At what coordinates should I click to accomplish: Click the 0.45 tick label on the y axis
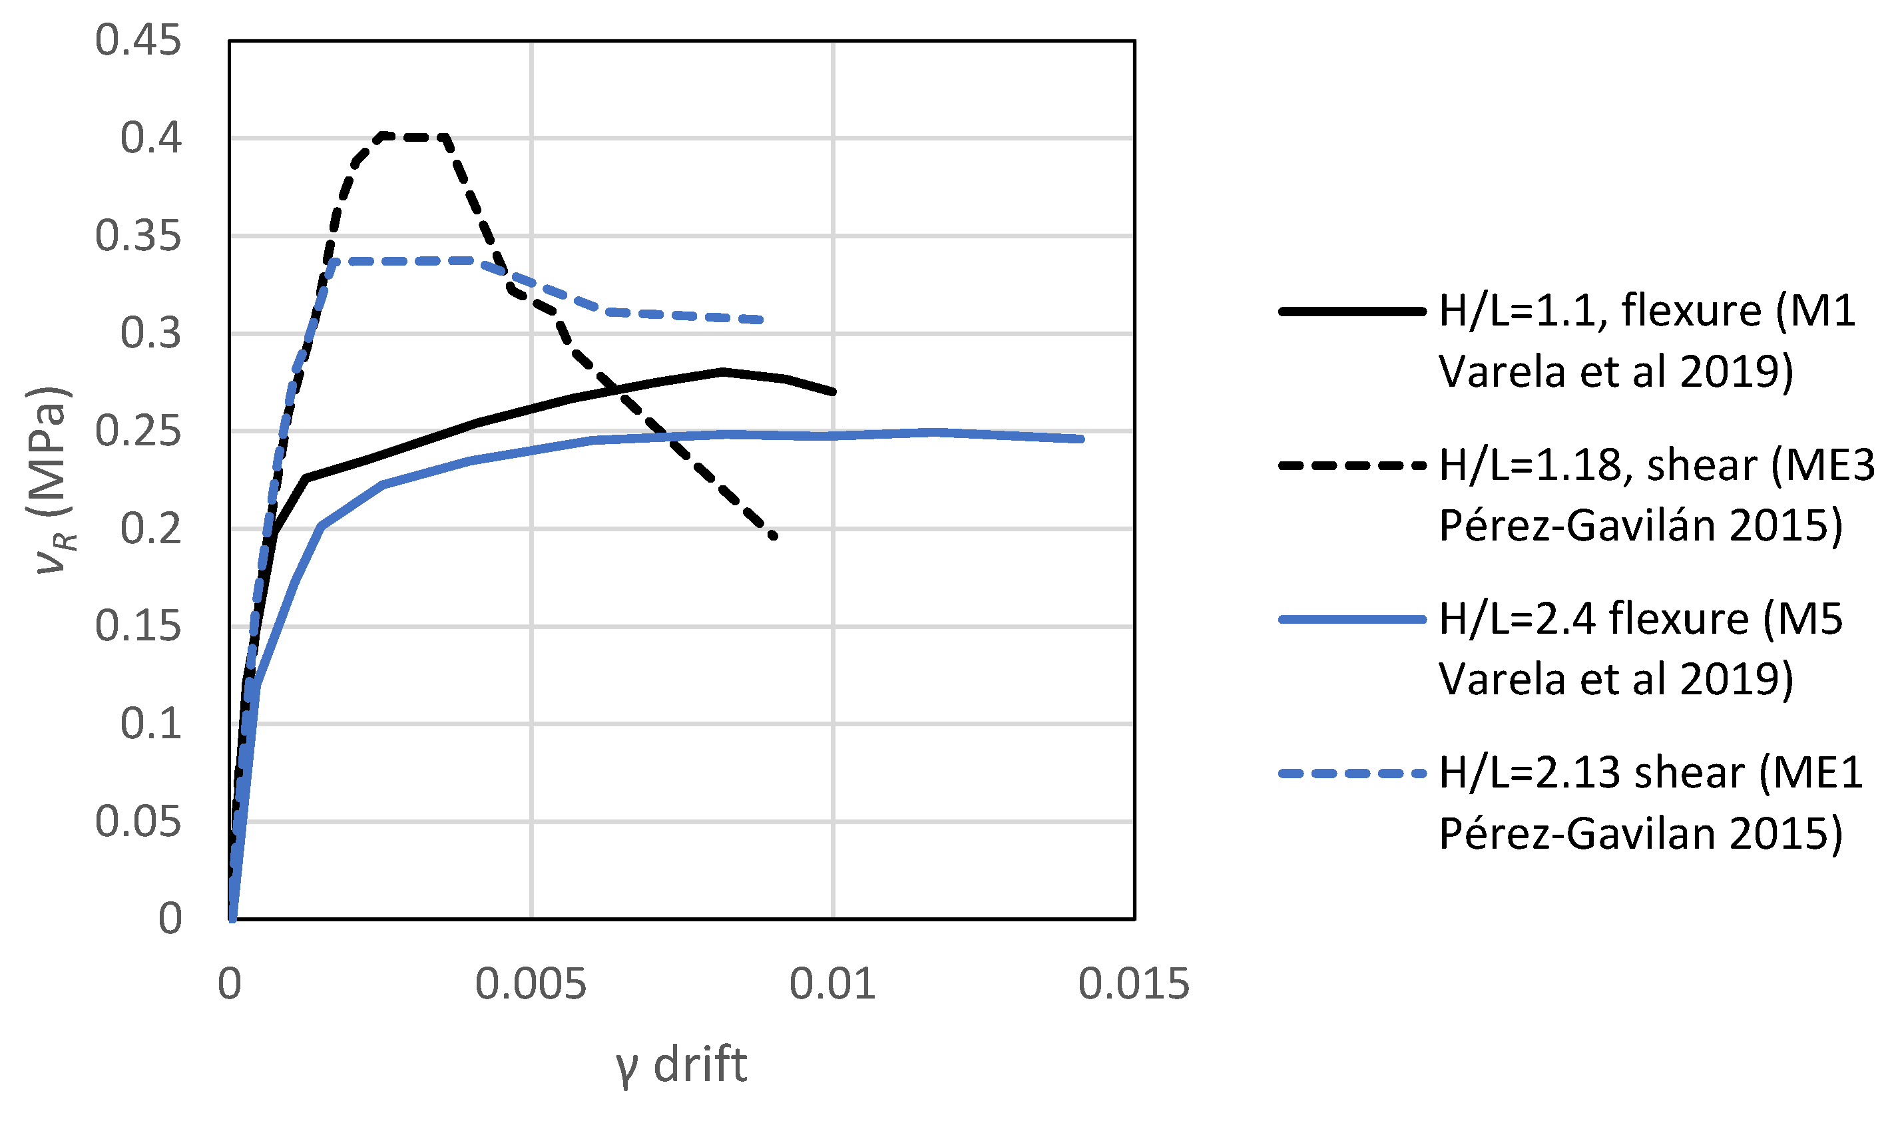tap(138, 41)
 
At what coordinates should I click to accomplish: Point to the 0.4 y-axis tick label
tap(151, 138)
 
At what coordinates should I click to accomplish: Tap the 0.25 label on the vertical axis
tap(138, 431)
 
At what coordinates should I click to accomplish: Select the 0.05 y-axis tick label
tap(138, 822)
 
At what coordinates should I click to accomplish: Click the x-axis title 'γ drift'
tap(682, 1066)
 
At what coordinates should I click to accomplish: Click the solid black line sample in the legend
tap(1352, 312)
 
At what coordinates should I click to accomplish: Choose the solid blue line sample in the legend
tap(1352, 620)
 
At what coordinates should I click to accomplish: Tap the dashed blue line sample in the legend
tap(1352, 774)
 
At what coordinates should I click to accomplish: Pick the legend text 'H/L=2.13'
tap(1528, 774)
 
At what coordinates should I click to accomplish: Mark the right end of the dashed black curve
tap(774, 537)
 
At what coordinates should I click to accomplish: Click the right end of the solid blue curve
tap(1081, 439)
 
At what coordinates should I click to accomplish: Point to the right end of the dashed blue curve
tap(760, 320)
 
